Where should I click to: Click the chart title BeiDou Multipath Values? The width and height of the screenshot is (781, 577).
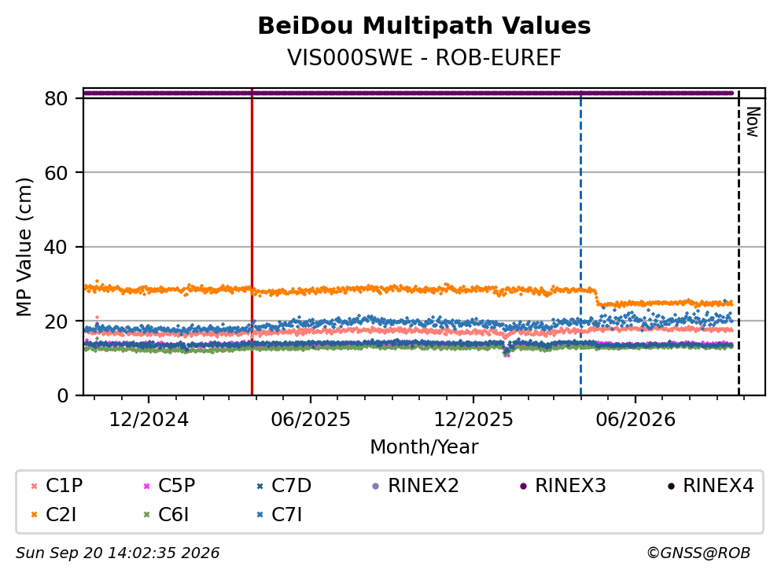pos(424,26)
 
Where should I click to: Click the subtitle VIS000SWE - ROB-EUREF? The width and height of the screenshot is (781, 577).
pos(424,57)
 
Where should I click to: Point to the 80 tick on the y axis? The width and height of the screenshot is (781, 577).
pos(56,98)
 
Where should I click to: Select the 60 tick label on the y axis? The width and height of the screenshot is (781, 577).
pos(56,173)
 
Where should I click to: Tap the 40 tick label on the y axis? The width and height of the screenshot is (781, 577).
pos(56,247)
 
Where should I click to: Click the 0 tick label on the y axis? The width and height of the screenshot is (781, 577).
pos(62,395)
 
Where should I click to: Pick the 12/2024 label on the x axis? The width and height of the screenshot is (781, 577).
pos(149,420)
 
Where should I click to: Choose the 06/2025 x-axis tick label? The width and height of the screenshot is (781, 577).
pos(311,420)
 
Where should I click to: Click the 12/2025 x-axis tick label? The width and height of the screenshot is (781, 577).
pos(473,420)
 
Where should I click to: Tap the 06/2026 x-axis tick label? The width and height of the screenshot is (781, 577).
pos(635,420)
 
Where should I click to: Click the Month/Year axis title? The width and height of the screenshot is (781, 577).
pos(424,447)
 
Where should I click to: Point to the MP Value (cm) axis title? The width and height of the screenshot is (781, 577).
pos(24,247)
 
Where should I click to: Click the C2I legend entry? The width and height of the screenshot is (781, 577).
pos(53,515)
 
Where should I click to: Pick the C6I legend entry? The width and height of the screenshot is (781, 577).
pos(166,515)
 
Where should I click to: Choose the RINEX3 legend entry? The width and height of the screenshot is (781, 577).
pos(563,485)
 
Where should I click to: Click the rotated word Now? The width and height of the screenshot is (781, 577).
pos(753,122)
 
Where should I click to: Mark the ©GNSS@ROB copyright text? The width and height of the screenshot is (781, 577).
pos(698,553)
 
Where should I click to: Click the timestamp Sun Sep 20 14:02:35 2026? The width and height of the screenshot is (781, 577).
pos(117,553)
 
